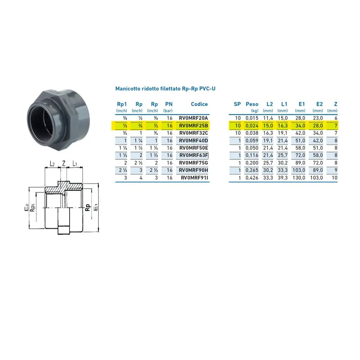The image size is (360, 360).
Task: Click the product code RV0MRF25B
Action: [193, 126]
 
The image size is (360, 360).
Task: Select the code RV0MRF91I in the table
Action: [194, 178]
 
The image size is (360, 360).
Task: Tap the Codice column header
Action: [199, 104]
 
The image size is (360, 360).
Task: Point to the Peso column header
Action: [252, 104]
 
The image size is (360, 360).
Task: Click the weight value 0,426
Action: [252, 178]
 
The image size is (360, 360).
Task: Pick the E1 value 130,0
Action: [299, 178]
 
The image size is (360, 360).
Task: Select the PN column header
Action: [169, 104]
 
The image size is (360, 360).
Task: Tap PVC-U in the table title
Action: [207, 89]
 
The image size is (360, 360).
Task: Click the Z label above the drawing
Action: [64, 163]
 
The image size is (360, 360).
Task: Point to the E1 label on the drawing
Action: [96, 207]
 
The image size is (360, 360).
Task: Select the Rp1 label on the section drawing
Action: [33, 208]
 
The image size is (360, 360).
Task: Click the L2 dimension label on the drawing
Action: [52, 164]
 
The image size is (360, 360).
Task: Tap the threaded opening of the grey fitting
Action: [42, 120]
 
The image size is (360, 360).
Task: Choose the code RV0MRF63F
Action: [194, 156]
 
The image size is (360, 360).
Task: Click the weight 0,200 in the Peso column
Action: [252, 163]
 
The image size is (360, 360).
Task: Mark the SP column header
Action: [237, 104]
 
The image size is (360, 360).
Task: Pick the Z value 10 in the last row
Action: [334, 178]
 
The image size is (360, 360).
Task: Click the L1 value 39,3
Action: [282, 178]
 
